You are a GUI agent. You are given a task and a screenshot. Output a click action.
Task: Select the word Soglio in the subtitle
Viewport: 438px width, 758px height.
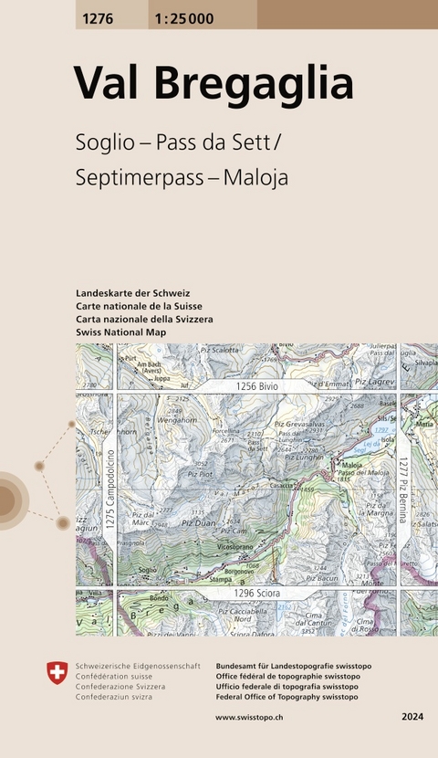[x=103, y=142]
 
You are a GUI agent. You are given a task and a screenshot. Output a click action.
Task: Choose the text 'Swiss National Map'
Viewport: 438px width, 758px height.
[x=122, y=333]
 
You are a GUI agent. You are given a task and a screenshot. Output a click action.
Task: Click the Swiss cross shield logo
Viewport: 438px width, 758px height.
[x=57, y=674]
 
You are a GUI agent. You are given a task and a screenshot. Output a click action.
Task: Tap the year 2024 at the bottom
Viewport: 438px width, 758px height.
[x=412, y=720]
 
